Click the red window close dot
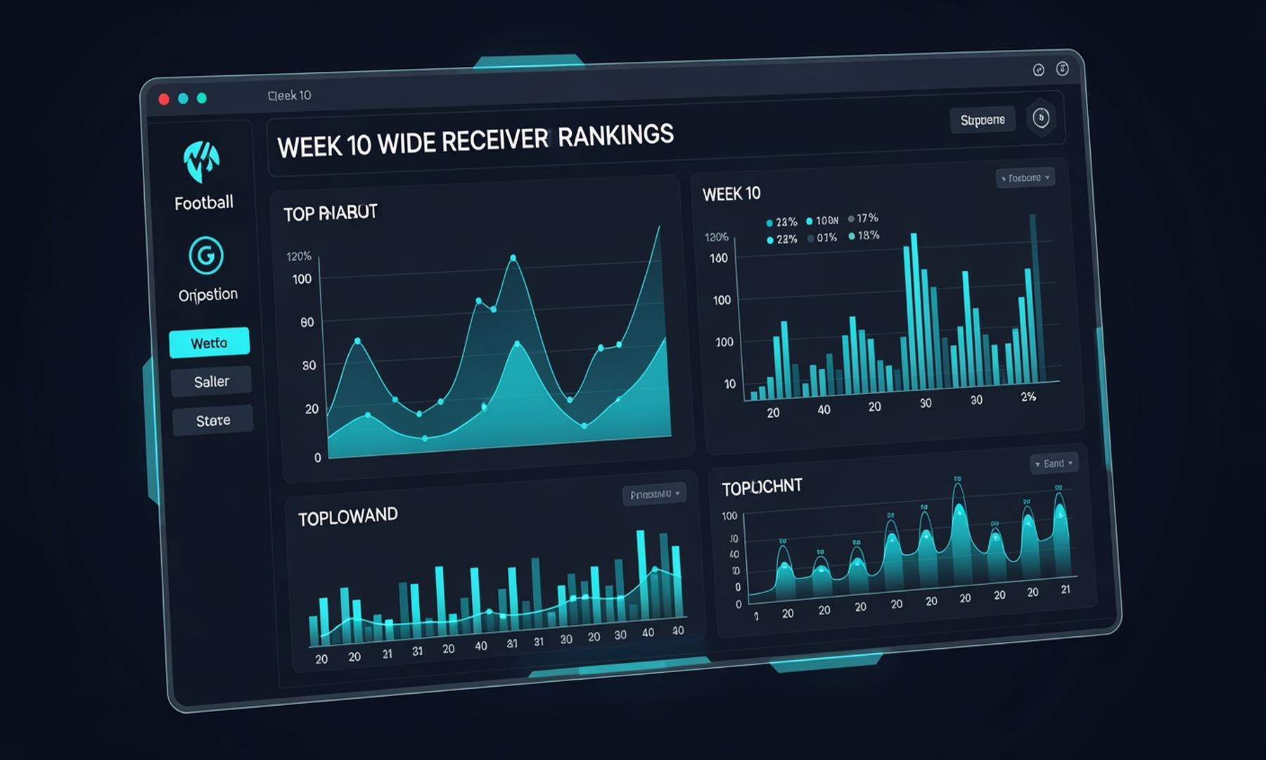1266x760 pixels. click(x=164, y=99)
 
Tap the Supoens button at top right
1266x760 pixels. click(x=982, y=120)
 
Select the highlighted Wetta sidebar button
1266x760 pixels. click(x=210, y=343)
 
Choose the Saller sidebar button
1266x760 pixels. click(x=211, y=381)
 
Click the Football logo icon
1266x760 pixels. click(x=202, y=162)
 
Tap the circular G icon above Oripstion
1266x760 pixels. click(x=206, y=255)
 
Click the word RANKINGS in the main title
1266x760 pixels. click(x=615, y=135)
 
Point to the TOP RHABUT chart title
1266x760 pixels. click(x=330, y=213)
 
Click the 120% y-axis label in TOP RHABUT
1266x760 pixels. click(x=299, y=256)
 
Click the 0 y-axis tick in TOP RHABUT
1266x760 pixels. click(x=317, y=457)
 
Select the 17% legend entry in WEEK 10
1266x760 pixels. click(x=864, y=219)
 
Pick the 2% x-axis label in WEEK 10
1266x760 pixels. click(x=1028, y=397)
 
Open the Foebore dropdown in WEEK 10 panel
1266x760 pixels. click(x=1025, y=178)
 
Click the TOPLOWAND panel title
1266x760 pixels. click(x=347, y=517)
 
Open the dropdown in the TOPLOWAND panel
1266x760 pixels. click(x=654, y=495)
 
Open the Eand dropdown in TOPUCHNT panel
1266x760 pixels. click(x=1054, y=463)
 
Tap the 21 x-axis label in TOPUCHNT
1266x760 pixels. click(x=1066, y=590)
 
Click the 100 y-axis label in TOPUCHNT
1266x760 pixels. click(x=729, y=516)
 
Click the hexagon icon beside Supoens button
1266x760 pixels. click(x=1041, y=118)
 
